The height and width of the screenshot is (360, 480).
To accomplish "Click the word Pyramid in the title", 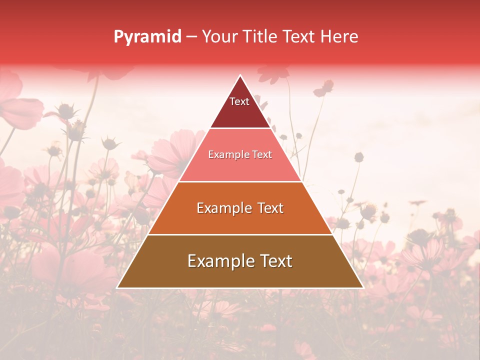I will (147, 37).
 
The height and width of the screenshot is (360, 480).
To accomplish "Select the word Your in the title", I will (220, 36).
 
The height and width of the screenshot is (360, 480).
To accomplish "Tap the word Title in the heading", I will (262, 36).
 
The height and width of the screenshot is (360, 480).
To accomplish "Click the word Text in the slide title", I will (300, 36).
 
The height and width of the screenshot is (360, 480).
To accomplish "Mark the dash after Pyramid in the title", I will (191, 37).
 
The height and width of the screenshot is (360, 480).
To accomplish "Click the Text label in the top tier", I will (239, 101).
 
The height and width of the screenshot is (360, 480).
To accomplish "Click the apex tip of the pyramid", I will (240, 76).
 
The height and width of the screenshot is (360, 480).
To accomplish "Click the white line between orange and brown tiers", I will (240, 234).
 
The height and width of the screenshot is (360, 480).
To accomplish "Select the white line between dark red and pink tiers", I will (240, 128).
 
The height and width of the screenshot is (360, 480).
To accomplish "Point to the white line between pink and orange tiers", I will (240, 181).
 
